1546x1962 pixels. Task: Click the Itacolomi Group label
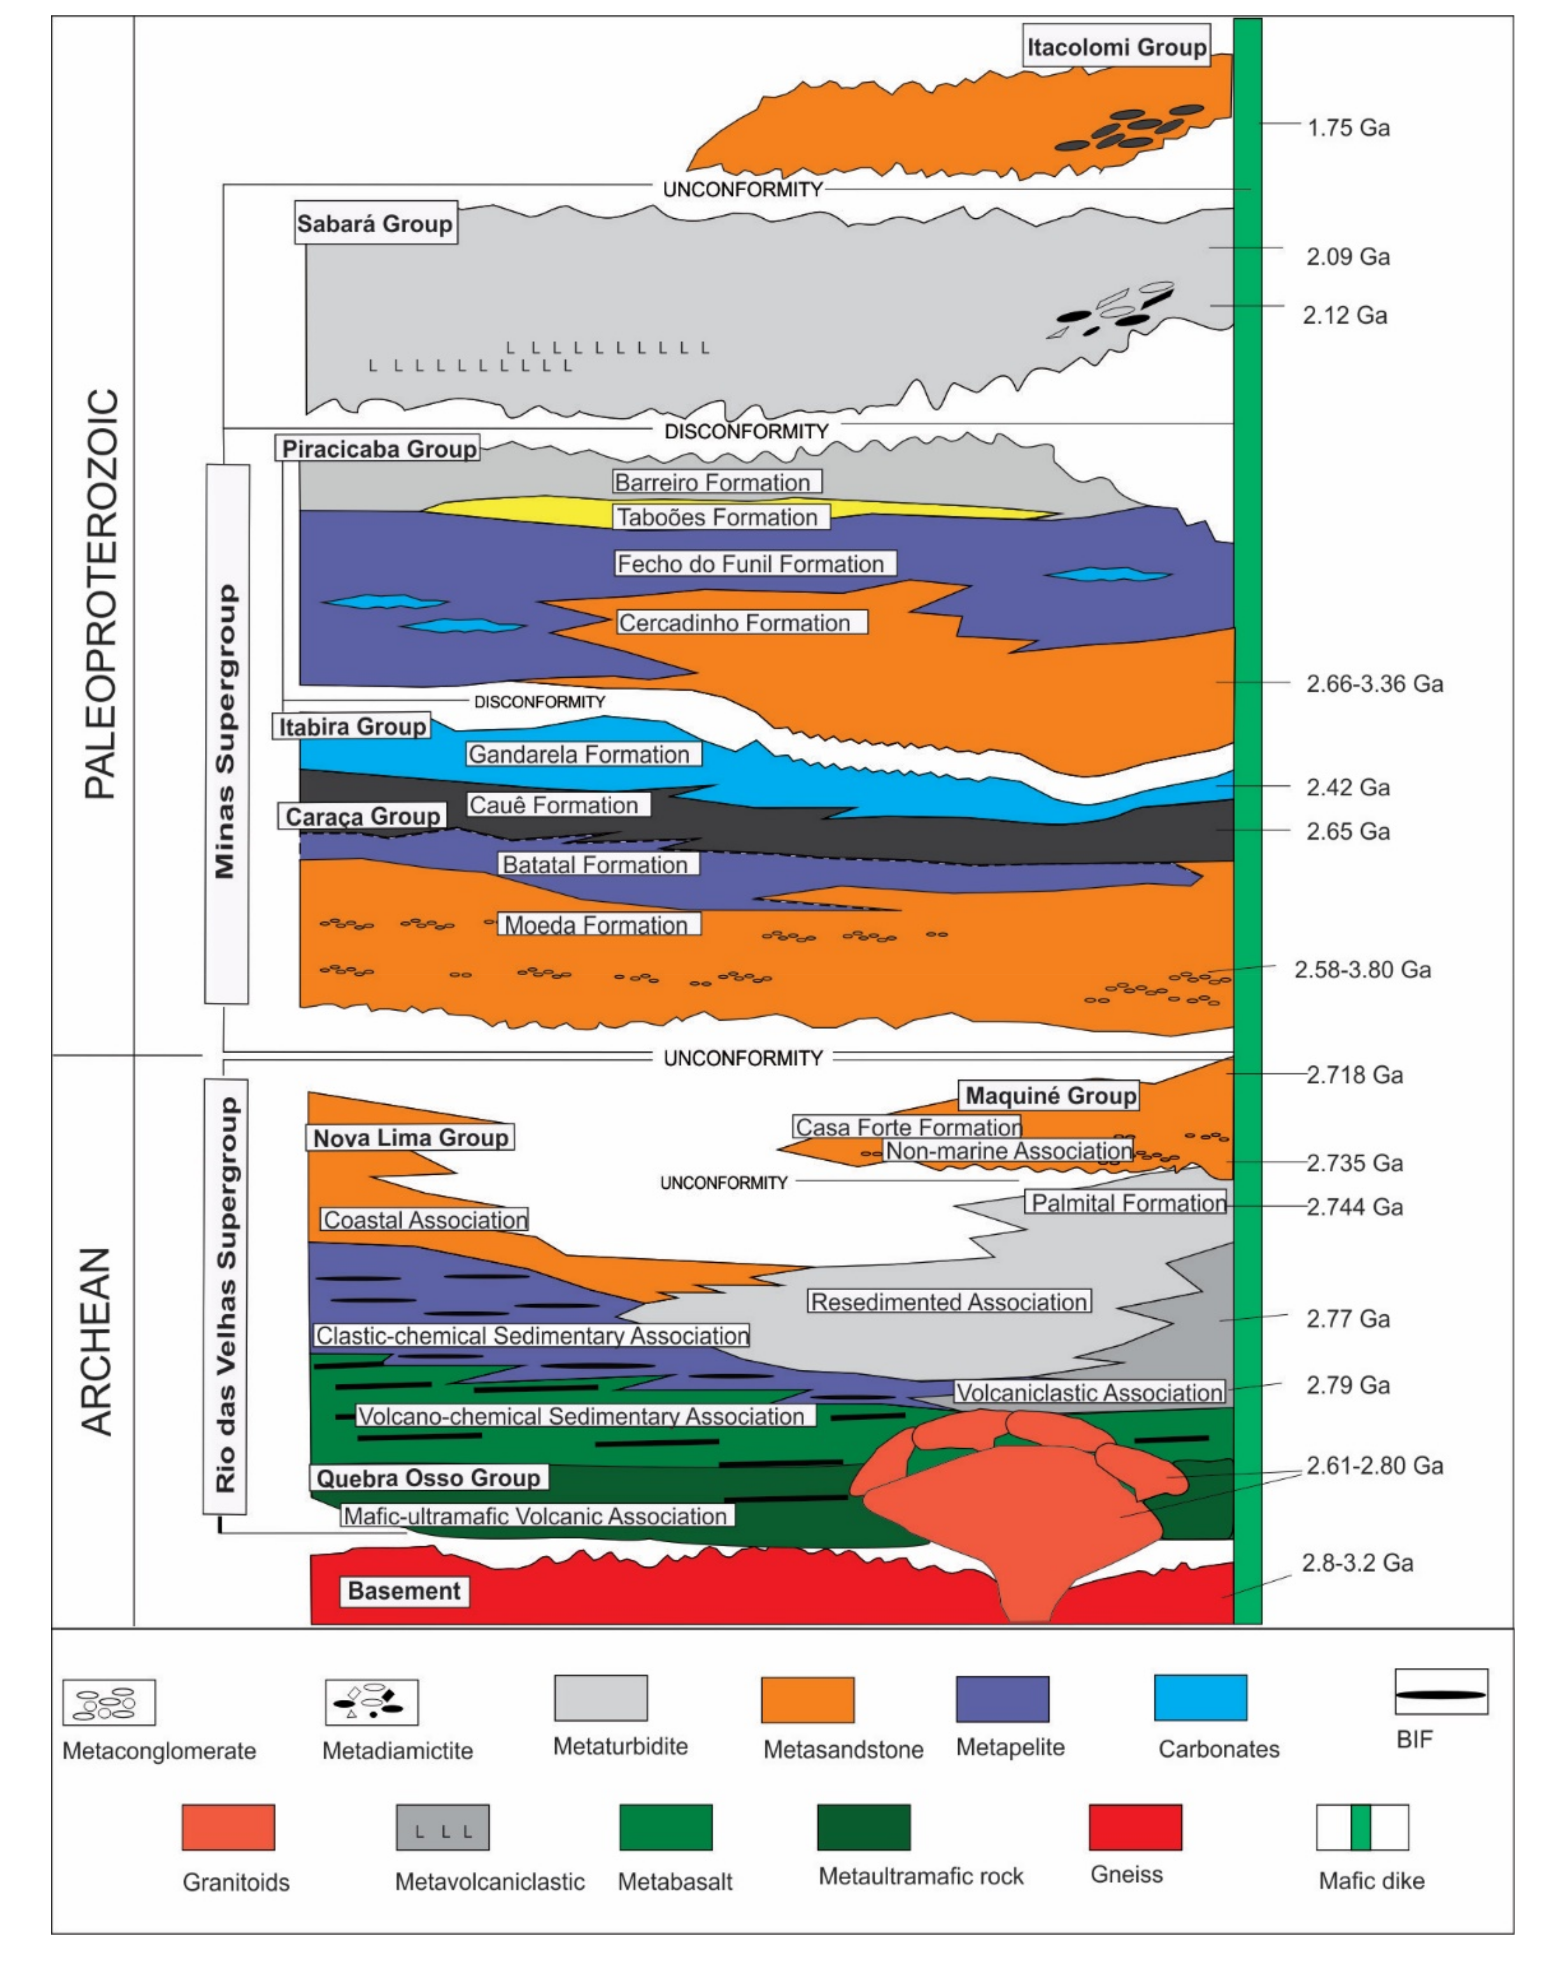point(1116,47)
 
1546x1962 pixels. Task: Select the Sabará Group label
point(375,223)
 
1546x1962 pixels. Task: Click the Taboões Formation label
point(717,517)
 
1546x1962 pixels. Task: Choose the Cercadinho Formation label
point(734,623)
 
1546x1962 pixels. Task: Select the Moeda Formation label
point(596,925)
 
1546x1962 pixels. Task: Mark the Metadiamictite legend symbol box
point(372,1701)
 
